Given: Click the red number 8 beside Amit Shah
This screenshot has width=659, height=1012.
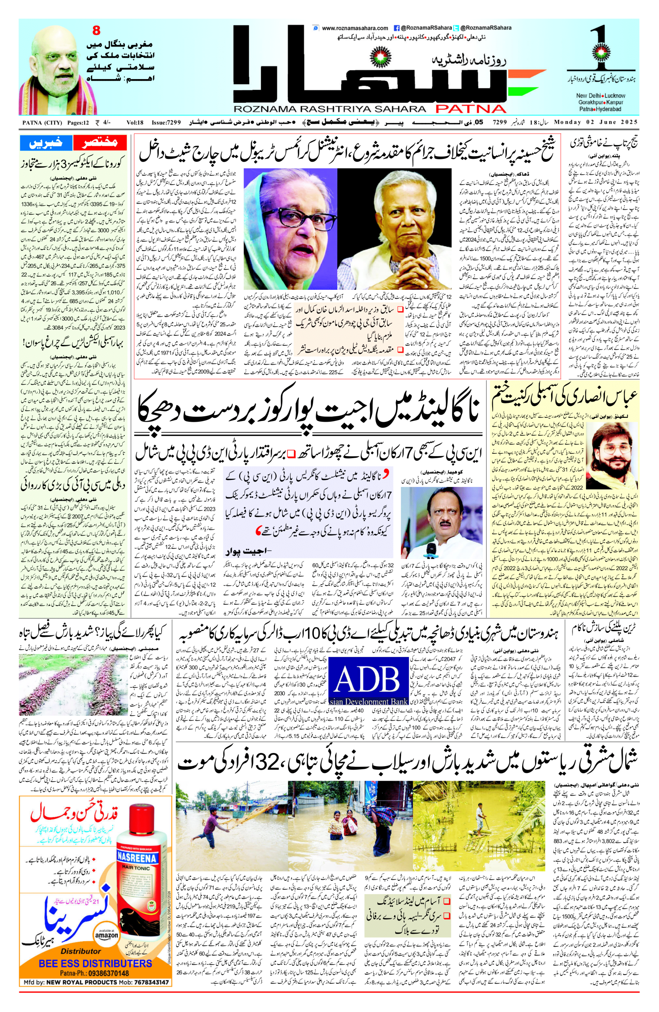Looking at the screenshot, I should (96, 30).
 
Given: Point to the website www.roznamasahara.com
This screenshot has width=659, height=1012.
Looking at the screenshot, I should (355, 28).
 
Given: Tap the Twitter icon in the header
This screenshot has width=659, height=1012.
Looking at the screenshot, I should (456, 28).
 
